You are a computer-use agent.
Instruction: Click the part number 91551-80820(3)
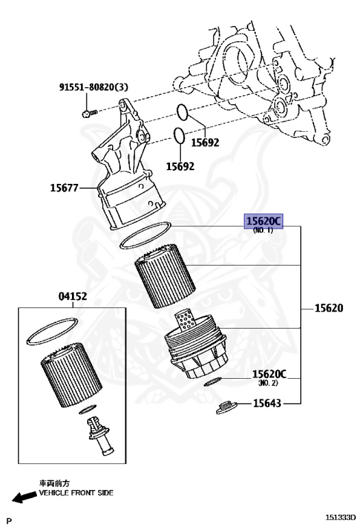click(x=94, y=87)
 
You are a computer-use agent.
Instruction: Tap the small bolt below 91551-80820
click(x=89, y=113)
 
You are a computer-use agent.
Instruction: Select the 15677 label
click(x=64, y=187)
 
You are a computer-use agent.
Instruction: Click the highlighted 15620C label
click(x=263, y=221)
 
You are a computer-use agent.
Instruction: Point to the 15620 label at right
click(x=328, y=308)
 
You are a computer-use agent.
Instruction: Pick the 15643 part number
click(x=267, y=403)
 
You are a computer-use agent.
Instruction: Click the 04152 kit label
click(x=73, y=296)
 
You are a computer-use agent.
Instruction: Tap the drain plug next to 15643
click(x=226, y=408)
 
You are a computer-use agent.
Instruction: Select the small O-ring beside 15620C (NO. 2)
click(x=213, y=382)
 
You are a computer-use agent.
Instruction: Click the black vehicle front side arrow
click(x=25, y=496)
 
